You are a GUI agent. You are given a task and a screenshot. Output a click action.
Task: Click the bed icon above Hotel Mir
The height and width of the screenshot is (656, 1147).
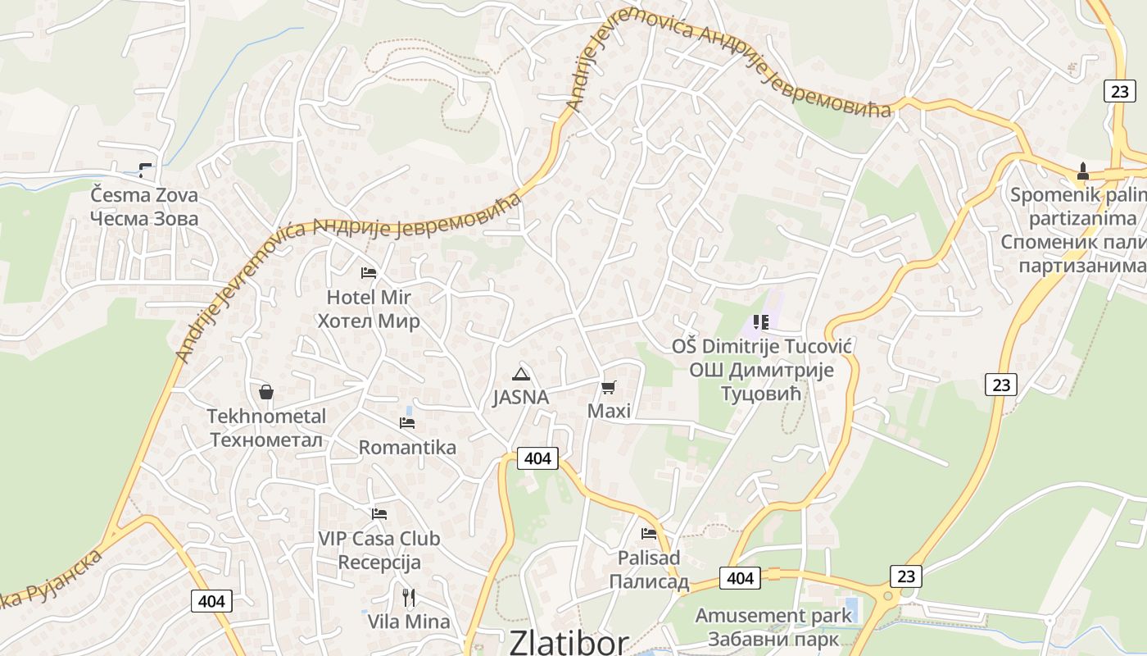[x=369, y=272]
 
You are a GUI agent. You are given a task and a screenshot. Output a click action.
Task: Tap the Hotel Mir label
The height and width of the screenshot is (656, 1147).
[x=369, y=308]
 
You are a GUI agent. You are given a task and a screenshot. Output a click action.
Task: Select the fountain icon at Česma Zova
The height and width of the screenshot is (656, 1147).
[x=145, y=171]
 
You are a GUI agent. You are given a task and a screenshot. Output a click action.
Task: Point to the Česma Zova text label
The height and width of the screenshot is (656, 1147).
[x=144, y=207]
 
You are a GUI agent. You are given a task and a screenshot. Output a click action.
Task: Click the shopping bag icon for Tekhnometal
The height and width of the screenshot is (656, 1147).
[x=265, y=392]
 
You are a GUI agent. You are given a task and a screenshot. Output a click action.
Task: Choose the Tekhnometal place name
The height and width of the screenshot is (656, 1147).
[x=266, y=428]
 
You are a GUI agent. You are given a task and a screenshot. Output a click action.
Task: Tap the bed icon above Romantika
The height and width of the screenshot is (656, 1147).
[x=407, y=423]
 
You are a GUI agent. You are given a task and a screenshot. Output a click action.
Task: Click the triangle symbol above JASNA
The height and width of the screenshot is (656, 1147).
[x=520, y=375]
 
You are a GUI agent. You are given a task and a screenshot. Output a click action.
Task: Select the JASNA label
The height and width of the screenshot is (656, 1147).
[x=520, y=398]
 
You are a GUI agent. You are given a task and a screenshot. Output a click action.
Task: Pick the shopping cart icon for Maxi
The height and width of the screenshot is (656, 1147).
[x=608, y=387]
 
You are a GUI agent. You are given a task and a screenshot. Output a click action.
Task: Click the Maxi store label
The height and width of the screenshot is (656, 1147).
[x=609, y=410]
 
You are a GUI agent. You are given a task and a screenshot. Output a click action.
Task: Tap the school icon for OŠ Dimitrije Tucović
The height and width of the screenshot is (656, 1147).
[x=761, y=321]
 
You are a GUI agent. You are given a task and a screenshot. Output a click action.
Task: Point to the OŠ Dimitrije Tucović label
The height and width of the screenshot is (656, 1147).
[x=761, y=370]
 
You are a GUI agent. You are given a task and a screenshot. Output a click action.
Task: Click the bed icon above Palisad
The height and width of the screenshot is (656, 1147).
[x=649, y=534]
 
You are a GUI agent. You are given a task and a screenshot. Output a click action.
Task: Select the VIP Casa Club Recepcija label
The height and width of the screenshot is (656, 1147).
[x=379, y=550]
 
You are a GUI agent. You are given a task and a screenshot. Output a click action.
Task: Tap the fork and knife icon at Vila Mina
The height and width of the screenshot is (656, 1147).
[x=409, y=597]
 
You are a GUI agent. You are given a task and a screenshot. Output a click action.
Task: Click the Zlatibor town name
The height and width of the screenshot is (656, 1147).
[x=569, y=642]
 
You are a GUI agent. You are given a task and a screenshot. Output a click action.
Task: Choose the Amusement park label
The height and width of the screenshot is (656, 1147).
[x=773, y=626]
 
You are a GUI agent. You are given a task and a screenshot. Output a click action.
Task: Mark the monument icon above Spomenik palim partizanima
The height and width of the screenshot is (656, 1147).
[x=1083, y=171]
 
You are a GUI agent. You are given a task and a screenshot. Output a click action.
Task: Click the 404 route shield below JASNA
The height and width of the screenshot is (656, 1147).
[x=537, y=458]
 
